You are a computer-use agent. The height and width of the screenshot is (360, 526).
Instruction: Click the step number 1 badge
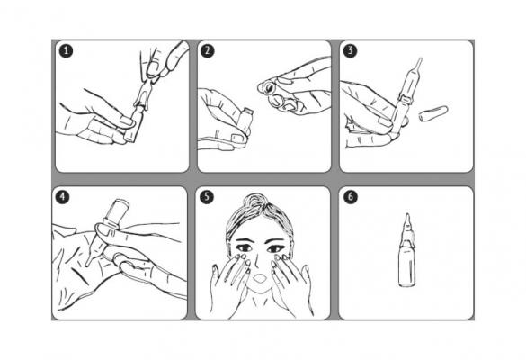tap(66, 51)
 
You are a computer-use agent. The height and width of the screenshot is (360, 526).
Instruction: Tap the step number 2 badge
tap(208, 51)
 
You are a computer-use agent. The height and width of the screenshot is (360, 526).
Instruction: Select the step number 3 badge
tap(351, 51)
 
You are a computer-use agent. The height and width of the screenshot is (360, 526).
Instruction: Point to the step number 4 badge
tap(62, 197)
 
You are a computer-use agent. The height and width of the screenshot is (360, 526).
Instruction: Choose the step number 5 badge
tap(207, 197)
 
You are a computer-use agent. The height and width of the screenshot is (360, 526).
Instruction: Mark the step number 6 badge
tap(351, 197)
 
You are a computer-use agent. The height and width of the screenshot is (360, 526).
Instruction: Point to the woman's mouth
tap(259, 278)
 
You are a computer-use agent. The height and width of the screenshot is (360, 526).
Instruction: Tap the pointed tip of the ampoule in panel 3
tap(419, 62)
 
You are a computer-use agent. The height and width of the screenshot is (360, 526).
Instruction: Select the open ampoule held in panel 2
tap(245, 121)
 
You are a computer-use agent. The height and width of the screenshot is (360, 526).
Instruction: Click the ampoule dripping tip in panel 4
tap(88, 263)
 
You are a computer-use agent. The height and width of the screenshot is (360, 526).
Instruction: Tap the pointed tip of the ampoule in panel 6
tap(407, 217)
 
